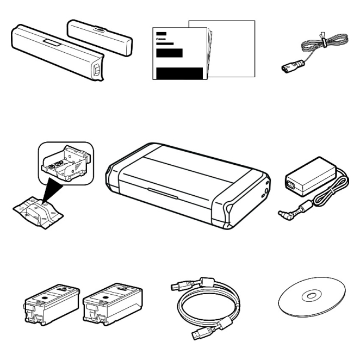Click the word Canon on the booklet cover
[x=161, y=39]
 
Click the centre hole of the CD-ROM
[x=311, y=296]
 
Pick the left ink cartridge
[x=52, y=304]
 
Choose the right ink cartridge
[x=112, y=304]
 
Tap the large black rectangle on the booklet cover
[x=179, y=73]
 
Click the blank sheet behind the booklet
[x=232, y=49]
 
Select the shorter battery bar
[x=100, y=38]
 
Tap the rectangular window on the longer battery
[x=52, y=42]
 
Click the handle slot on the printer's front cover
[x=163, y=193]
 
